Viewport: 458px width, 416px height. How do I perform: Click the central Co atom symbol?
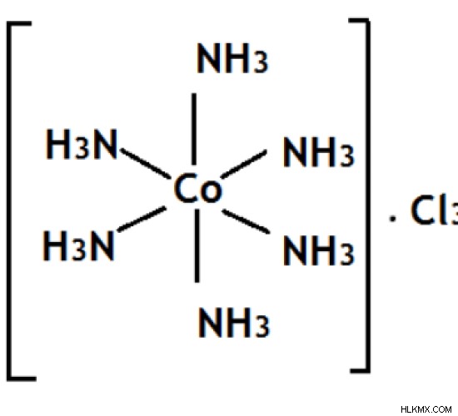point(197,188)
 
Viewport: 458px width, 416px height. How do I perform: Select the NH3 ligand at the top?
point(232,57)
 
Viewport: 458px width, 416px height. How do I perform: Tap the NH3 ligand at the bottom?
point(234,323)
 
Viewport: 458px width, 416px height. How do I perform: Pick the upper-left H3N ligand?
point(82,144)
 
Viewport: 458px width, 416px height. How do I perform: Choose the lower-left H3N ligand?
point(78,245)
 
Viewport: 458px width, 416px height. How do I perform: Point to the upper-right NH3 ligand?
point(318,152)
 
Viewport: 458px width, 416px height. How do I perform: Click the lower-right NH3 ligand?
point(318,250)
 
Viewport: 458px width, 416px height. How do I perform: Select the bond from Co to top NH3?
point(194,129)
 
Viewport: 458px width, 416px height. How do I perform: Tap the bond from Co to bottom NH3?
point(197,245)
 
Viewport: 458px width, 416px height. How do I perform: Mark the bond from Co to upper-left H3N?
point(146,163)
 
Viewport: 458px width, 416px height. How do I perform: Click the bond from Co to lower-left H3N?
point(142,219)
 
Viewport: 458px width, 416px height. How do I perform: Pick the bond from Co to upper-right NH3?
point(244,164)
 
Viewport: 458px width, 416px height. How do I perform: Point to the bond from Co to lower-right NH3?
point(246,221)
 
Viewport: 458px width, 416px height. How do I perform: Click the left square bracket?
point(9,201)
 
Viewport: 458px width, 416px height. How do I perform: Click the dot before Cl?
point(393,218)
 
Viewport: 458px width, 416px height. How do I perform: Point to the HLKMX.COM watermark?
point(426,409)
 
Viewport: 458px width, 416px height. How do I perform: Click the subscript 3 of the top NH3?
point(261,64)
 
